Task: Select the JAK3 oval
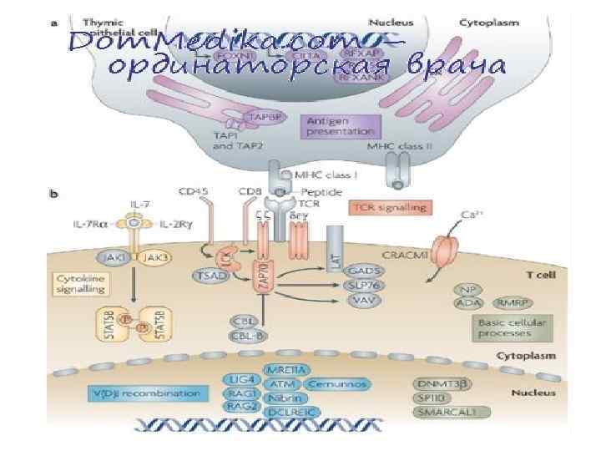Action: [x=154, y=258]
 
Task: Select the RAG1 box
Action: [x=238, y=393]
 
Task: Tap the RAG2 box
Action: [x=238, y=406]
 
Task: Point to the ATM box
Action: [x=280, y=384]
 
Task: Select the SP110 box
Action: [x=434, y=398]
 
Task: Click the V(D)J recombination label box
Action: [x=155, y=393]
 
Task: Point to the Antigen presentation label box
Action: [x=341, y=127]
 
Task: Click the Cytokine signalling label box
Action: [x=82, y=284]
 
